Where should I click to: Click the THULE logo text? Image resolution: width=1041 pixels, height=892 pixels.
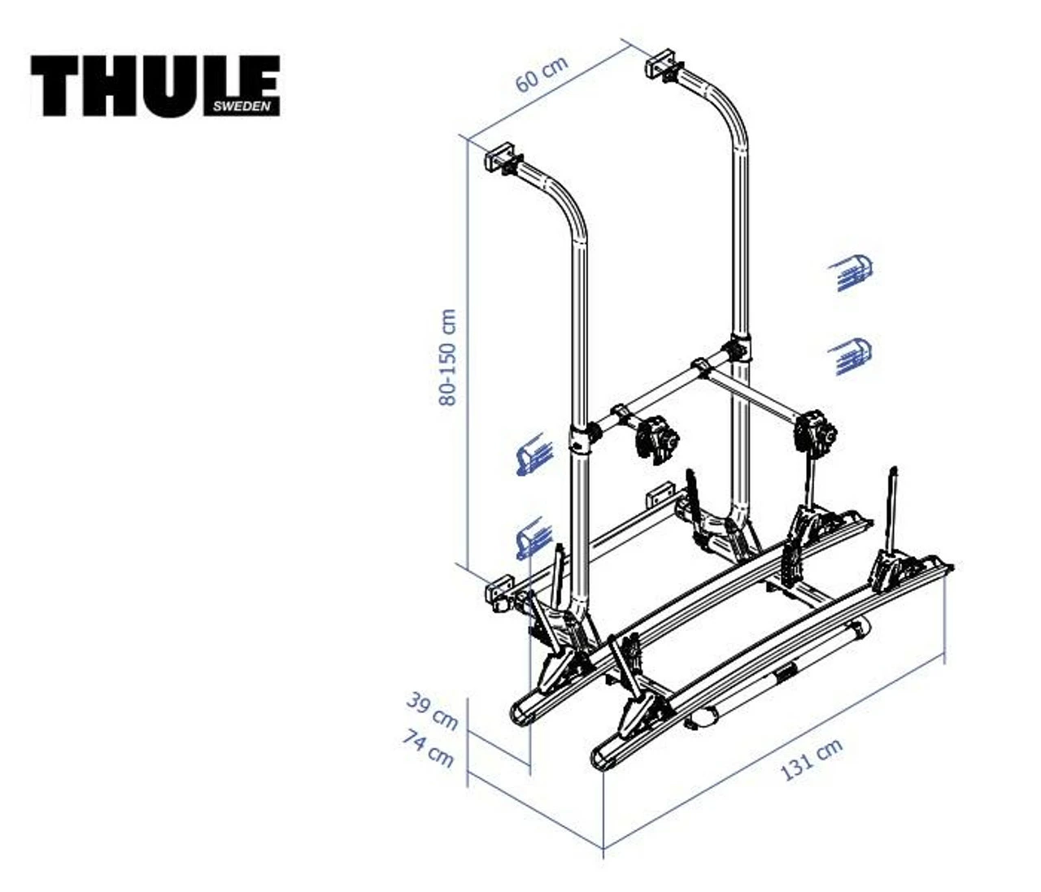tap(155, 85)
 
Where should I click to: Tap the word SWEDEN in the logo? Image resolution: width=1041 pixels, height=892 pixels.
tap(242, 107)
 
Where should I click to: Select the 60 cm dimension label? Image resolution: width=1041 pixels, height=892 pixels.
tap(541, 74)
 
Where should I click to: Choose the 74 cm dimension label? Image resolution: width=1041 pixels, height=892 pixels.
tap(428, 748)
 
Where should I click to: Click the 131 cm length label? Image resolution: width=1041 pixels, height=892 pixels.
tap(811, 759)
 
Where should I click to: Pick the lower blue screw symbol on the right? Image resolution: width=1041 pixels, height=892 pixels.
tap(851, 356)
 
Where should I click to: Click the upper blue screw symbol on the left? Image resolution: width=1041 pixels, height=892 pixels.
tap(534, 455)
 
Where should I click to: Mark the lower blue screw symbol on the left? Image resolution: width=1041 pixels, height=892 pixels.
tap(534, 538)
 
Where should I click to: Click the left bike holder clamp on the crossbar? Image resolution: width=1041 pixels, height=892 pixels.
tap(656, 439)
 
